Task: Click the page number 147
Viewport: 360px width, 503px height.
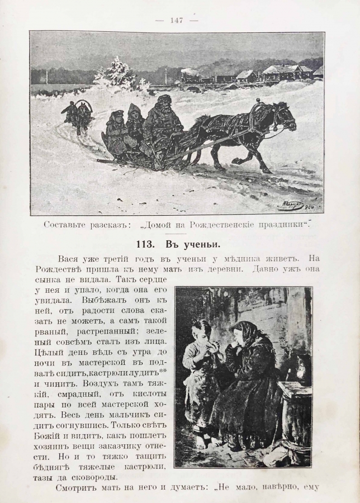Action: click(177, 20)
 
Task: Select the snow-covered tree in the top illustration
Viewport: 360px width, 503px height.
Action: click(117, 73)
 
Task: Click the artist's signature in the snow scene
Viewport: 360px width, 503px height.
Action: click(297, 205)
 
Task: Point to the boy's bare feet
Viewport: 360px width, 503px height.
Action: click(204, 441)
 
